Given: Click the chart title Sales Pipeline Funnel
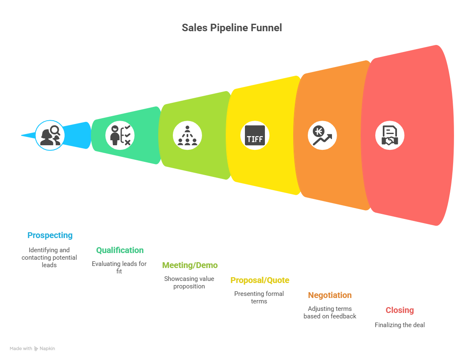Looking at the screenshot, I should point(232,28).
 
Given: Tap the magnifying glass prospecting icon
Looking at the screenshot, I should point(50,135).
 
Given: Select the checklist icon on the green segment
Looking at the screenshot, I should point(120,135).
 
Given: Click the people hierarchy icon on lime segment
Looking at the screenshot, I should point(187,135).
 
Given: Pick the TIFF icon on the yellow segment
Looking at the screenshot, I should point(255,135).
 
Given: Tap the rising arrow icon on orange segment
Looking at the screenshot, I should point(322,135).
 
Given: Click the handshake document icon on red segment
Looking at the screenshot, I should point(390,135).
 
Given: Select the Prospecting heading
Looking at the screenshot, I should point(50,235).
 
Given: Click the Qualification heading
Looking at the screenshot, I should point(120,250).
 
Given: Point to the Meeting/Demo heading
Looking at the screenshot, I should point(190,265).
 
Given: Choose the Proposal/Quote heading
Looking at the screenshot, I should point(259,280).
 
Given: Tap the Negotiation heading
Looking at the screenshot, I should point(329,295).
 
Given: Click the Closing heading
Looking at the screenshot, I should point(399,310).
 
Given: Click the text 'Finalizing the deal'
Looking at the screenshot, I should point(399,325).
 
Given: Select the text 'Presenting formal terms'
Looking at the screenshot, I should point(259,297).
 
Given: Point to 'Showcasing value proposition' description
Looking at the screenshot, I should point(189,282).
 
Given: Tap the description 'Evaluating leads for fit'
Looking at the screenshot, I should point(119,267).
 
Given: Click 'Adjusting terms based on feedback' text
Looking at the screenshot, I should point(330,312).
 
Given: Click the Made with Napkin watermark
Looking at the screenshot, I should point(32,348).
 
